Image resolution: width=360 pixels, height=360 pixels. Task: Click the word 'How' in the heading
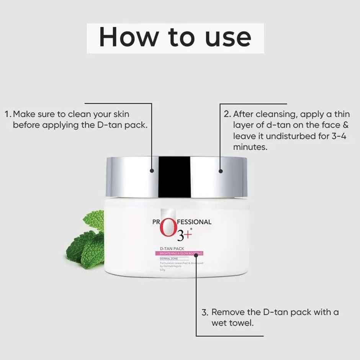tap(128, 37)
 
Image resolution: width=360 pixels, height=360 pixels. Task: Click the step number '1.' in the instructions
tap(8, 114)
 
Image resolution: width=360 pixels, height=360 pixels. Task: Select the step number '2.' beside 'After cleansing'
tap(227, 114)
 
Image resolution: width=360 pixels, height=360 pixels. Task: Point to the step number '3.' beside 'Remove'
tap(205, 312)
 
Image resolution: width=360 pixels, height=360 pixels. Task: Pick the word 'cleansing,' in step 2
tap(278, 114)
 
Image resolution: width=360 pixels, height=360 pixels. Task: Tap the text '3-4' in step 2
tap(335, 136)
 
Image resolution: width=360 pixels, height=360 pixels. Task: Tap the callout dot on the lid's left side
tap(152, 171)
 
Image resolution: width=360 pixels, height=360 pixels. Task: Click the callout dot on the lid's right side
tap(220, 171)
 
